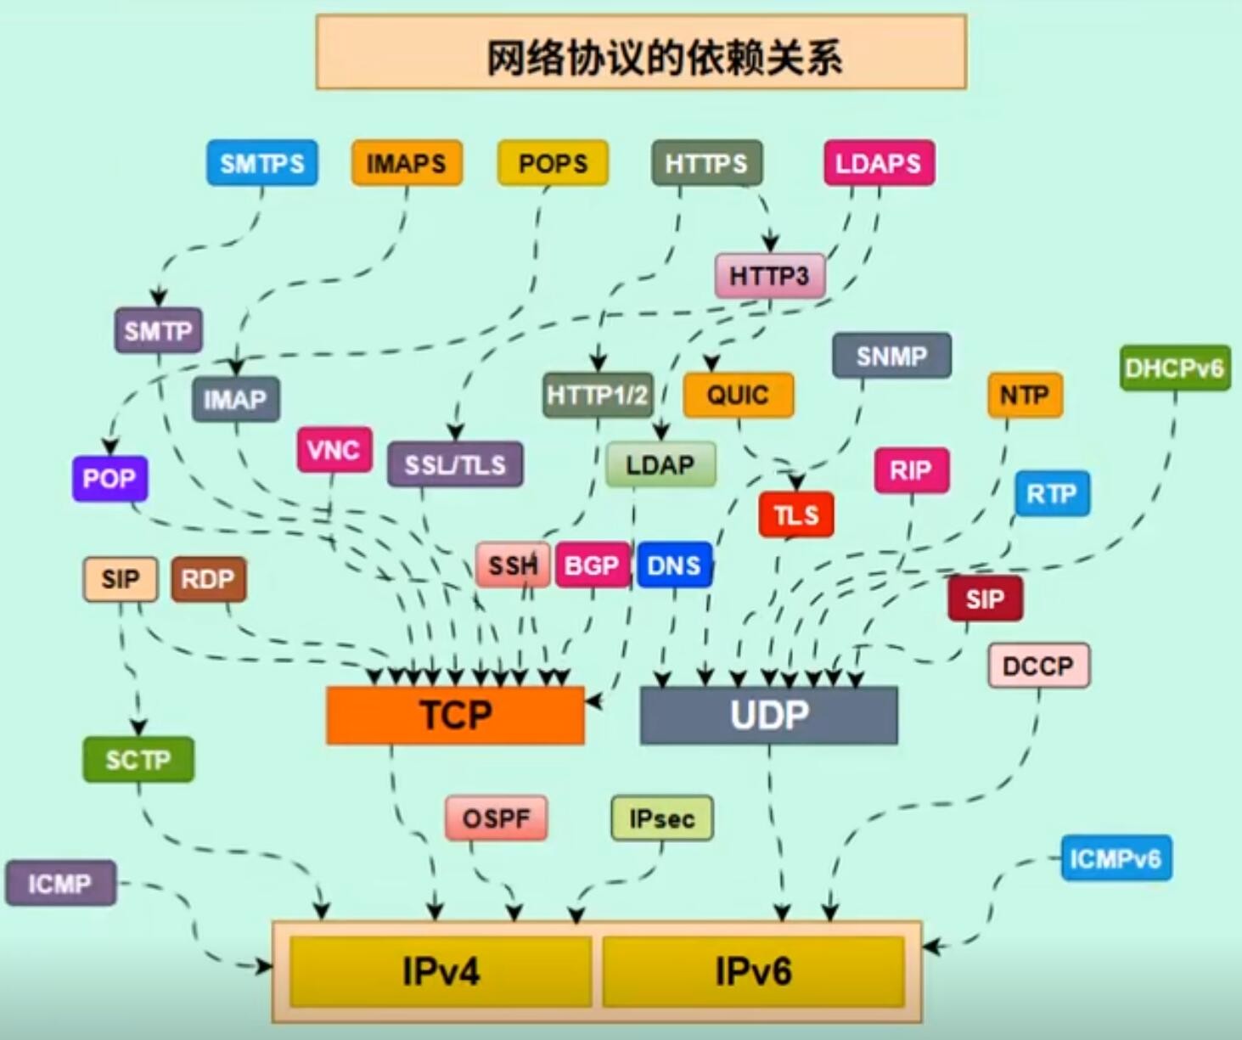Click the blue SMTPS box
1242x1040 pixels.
[x=261, y=163]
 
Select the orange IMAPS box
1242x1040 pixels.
[x=407, y=163]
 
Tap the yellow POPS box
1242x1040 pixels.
[x=553, y=163]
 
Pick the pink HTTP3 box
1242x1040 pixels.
[x=769, y=276]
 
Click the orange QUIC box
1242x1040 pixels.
[x=738, y=395]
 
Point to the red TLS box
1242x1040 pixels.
[x=796, y=514]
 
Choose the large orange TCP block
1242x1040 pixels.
[x=455, y=715]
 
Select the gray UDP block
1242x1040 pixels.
[x=768, y=715]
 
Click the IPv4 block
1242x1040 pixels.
[x=441, y=971]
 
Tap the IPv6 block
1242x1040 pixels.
[x=753, y=971]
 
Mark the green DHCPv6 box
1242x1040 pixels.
[x=1174, y=368]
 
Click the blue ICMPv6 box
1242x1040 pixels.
[x=1116, y=858]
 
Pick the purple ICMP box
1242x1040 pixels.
[x=59, y=883]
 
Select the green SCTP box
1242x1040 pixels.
[x=138, y=760]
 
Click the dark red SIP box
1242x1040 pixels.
[x=985, y=599]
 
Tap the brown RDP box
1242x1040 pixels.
[x=208, y=580]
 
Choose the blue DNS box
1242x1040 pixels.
[x=674, y=565]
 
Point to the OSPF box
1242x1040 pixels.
[x=496, y=818]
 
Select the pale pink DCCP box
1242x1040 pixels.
[x=1038, y=666]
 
